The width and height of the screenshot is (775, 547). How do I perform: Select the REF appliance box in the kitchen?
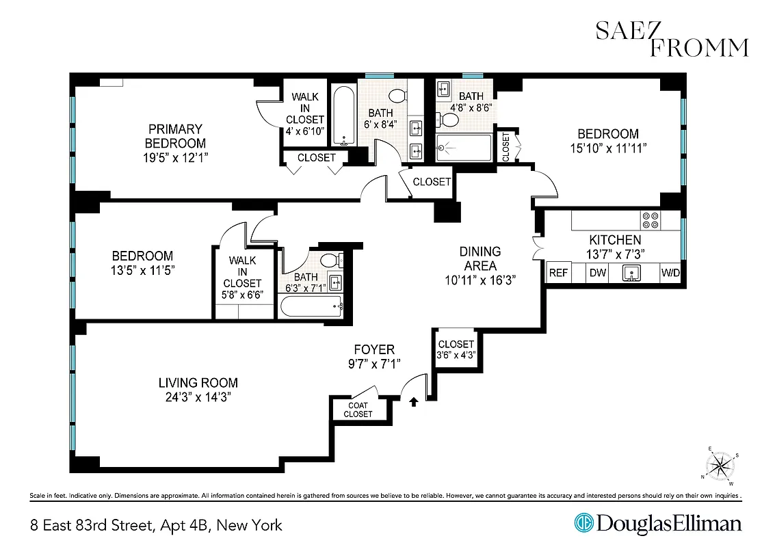coord(559,273)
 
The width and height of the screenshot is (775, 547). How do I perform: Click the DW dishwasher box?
coord(598,273)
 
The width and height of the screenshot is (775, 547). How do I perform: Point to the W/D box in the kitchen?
coord(670,273)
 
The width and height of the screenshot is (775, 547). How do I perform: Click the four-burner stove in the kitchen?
coord(649,220)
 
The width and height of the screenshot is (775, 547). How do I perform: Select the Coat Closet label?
coord(358,410)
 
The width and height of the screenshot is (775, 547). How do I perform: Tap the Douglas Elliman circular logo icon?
coord(583,524)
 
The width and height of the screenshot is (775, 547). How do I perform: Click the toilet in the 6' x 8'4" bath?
coord(396,96)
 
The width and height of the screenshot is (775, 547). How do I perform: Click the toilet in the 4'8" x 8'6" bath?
coord(450,120)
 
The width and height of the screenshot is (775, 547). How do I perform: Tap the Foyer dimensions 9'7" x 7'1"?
coord(373,364)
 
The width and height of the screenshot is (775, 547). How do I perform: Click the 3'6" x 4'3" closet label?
coord(456,349)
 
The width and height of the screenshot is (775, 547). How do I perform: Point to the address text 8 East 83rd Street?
coord(156,525)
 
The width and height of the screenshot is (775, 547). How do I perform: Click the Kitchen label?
coord(615,240)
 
